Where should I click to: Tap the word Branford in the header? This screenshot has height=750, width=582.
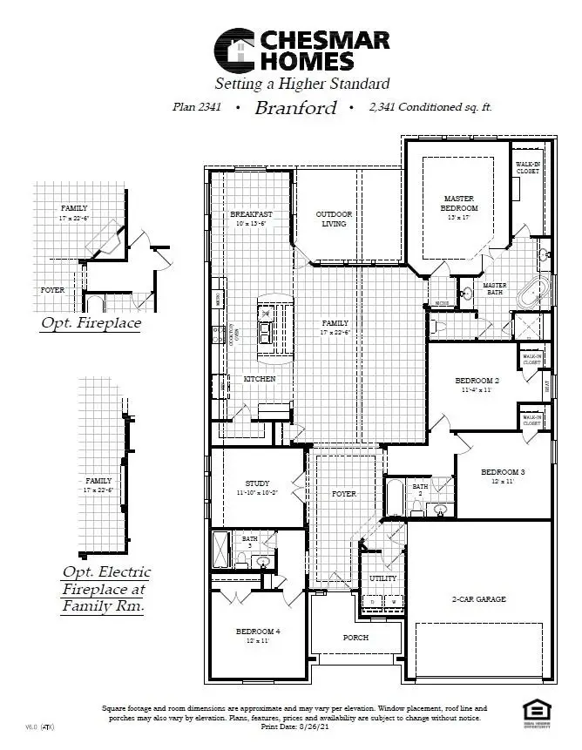(x=296, y=108)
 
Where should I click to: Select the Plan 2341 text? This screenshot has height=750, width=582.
(x=197, y=108)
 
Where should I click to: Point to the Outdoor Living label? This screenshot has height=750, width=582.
(x=334, y=219)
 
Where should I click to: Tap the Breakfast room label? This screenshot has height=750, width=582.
(x=251, y=214)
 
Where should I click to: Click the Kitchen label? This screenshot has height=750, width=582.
(x=259, y=379)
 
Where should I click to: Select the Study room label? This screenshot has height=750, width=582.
(x=257, y=483)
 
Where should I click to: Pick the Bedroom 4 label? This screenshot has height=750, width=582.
(x=258, y=631)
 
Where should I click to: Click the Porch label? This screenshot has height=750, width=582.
(x=355, y=638)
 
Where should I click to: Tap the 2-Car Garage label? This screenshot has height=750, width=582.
(x=478, y=599)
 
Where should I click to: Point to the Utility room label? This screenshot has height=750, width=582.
(x=382, y=578)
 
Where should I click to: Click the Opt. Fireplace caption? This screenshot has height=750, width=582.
(x=91, y=323)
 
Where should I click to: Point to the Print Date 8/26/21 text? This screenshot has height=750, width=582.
(x=294, y=726)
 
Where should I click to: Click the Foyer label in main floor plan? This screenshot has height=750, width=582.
(x=344, y=494)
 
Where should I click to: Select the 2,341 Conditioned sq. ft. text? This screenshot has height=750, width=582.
(x=430, y=108)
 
